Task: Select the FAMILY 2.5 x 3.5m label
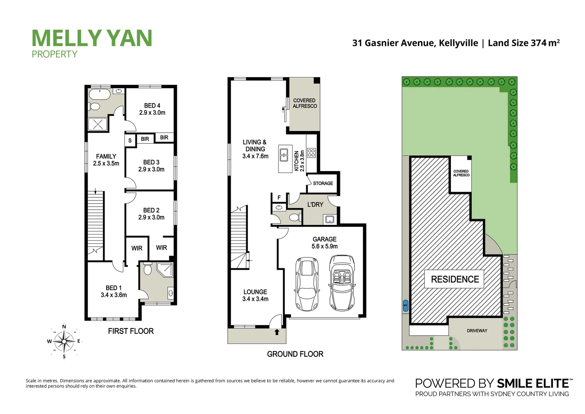(106, 160)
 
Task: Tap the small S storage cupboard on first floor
(130, 141)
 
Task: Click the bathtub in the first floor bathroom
(100, 94)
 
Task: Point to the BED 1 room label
(114, 291)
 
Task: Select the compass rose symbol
(64, 341)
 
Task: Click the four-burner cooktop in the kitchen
(311, 153)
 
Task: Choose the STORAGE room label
(323, 183)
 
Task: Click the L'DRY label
(315, 205)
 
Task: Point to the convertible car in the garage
(342, 283)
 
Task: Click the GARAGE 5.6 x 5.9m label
(324, 243)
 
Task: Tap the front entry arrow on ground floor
(277, 332)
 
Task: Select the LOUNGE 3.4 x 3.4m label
(255, 295)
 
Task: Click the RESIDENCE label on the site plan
(455, 279)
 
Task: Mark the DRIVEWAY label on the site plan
(477, 330)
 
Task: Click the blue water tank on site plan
(405, 306)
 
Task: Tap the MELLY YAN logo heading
(92, 38)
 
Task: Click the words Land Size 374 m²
(523, 43)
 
